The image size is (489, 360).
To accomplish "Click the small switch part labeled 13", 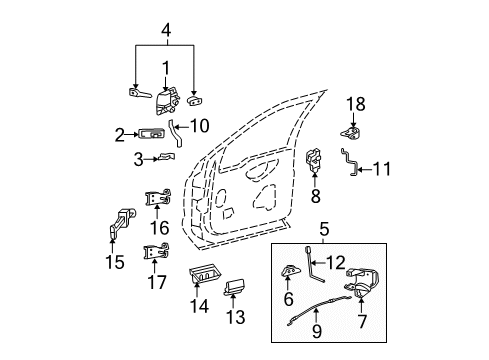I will [237, 288].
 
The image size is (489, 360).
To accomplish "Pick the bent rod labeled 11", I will [351, 162].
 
